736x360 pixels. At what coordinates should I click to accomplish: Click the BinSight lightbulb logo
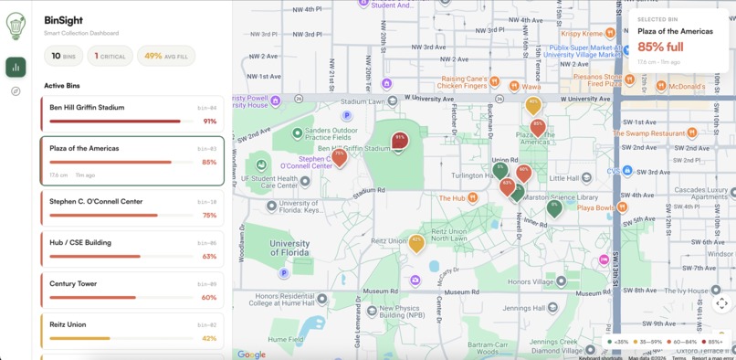pyautogui.click(x=16, y=26)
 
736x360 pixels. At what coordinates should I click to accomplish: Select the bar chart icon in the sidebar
pyautogui.click(x=16, y=67)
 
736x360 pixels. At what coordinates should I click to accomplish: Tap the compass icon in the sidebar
pyautogui.click(x=16, y=91)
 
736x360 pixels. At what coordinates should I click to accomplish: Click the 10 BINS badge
pyautogui.click(x=63, y=56)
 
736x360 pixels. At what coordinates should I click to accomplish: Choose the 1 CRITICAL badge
pyautogui.click(x=110, y=56)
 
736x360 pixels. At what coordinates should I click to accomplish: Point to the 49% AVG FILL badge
pyautogui.click(x=166, y=56)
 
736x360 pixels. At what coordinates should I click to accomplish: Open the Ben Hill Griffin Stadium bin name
pyautogui.click(x=87, y=108)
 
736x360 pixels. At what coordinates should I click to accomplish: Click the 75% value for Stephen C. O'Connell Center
pyautogui.click(x=209, y=216)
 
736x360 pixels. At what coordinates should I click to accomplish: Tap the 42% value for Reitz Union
pyautogui.click(x=209, y=338)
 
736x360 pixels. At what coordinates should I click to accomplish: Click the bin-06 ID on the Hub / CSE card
pyautogui.click(x=207, y=243)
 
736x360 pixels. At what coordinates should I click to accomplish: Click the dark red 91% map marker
pyautogui.click(x=399, y=141)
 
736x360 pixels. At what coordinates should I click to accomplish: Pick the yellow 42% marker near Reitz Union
pyautogui.click(x=416, y=243)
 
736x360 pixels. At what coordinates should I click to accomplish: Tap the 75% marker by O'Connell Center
pyautogui.click(x=340, y=157)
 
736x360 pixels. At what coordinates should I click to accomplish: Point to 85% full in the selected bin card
pyautogui.click(x=660, y=47)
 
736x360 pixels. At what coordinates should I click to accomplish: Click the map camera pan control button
pyautogui.click(x=721, y=303)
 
